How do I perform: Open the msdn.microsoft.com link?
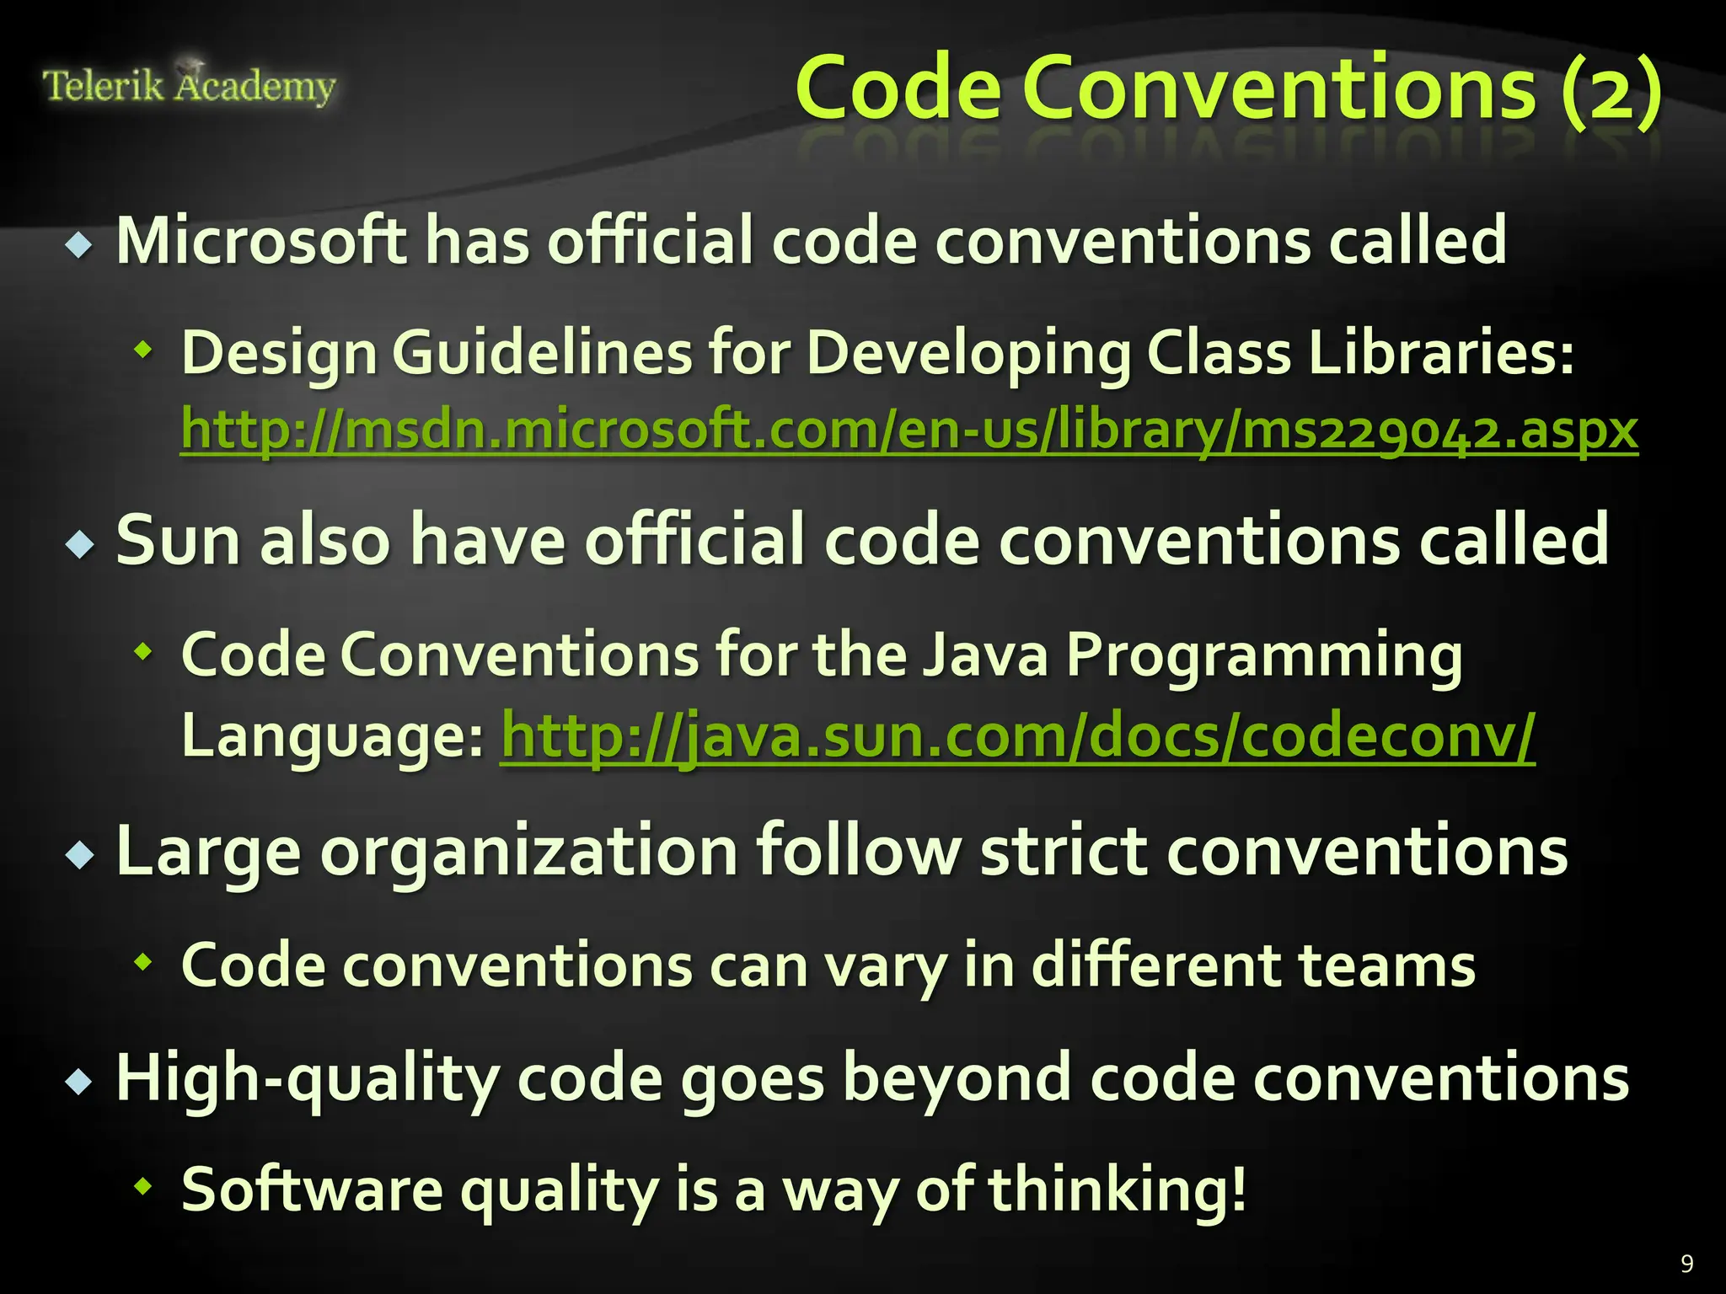pos(909,430)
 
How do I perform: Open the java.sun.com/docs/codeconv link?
pos(1017,735)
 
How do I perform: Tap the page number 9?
pos(1686,1263)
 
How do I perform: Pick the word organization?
pos(528,851)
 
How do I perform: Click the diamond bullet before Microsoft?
pos(80,246)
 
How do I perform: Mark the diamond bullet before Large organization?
pos(80,856)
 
